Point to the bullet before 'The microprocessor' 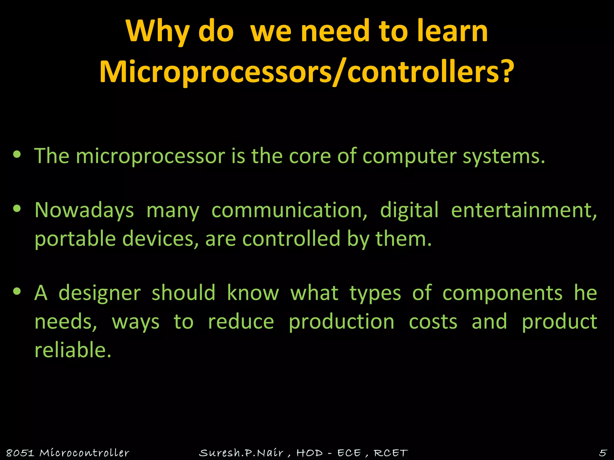pyautogui.click(x=17, y=155)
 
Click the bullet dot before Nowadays pyautogui.click(x=17, y=208)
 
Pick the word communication pyautogui.click(x=289, y=210)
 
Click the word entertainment pyautogui.click(x=523, y=210)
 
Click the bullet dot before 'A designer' pyautogui.click(x=17, y=291)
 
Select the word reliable pyautogui.click(x=73, y=350)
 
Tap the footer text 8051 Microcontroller pyautogui.click(x=68, y=453)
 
